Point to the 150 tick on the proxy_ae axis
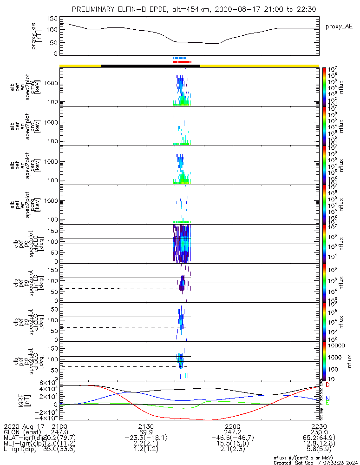point(52,19)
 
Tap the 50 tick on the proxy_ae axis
point(54,42)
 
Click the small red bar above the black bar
point(182,61)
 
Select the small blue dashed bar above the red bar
point(179,58)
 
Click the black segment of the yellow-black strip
point(151,66)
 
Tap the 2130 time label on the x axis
point(146,426)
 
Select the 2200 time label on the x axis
point(232,426)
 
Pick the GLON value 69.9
point(146,432)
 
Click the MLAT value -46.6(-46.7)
point(232,438)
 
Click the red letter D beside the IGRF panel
point(327,385)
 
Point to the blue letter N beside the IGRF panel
point(327,399)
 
